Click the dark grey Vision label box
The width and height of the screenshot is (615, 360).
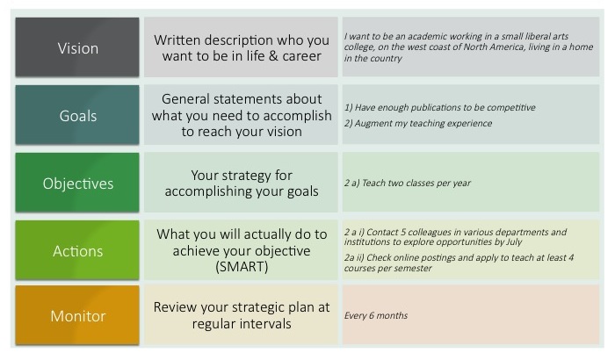(77, 47)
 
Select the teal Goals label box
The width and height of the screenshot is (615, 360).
(77, 115)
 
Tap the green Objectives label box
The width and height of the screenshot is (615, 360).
(77, 183)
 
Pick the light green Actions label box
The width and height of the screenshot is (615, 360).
(77, 250)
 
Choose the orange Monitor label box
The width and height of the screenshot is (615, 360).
(77, 316)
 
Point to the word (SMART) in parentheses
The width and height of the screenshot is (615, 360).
(242, 267)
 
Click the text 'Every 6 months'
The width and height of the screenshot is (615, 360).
(376, 316)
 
